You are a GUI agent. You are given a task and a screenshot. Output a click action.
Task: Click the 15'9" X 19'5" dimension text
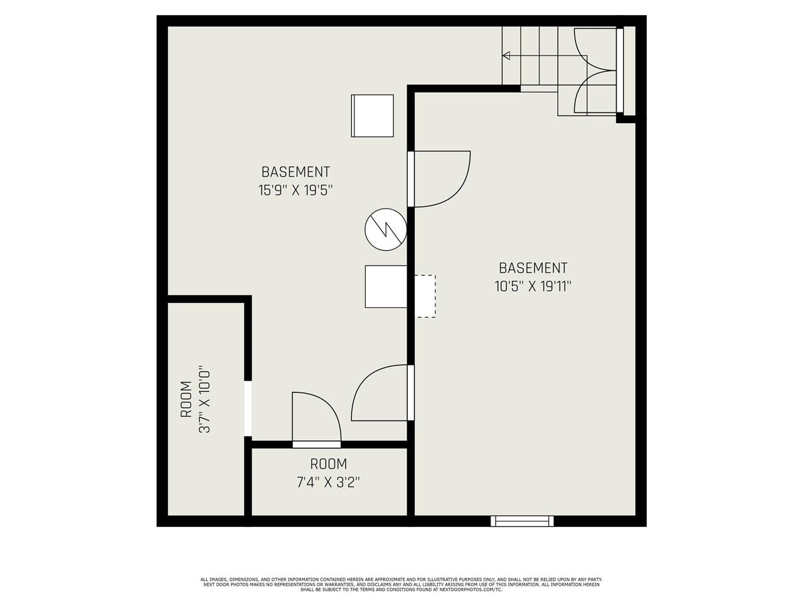click(295, 190)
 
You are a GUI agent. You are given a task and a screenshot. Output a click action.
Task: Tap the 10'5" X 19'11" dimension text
click(533, 286)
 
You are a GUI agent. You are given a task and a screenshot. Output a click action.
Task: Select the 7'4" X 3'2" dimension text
click(328, 482)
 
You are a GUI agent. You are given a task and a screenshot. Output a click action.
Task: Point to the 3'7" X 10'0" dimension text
click(204, 400)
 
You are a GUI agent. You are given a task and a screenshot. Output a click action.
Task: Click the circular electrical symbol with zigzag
click(386, 229)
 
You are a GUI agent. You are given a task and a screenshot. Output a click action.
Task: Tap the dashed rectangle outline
click(425, 296)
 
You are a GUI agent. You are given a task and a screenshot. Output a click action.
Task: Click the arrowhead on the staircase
click(506, 56)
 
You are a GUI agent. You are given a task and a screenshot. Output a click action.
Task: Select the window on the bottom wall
click(522, 521)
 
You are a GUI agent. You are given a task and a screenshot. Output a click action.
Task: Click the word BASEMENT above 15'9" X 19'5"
click(295, 171)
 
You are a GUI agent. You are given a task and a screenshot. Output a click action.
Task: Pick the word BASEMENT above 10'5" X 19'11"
click(533, 268)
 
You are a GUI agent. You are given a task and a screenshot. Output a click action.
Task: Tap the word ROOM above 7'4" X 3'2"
click(328, 464)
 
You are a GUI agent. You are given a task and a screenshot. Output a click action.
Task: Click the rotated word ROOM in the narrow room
click(186, 400)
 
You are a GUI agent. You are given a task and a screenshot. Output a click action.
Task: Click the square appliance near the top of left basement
click(372, 116)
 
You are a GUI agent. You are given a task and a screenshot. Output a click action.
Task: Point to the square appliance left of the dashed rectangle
click(386, 286)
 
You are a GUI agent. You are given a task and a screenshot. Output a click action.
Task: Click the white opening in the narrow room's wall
click(248, 408)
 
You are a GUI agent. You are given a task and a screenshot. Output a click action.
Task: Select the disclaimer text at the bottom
click(401, 584)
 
